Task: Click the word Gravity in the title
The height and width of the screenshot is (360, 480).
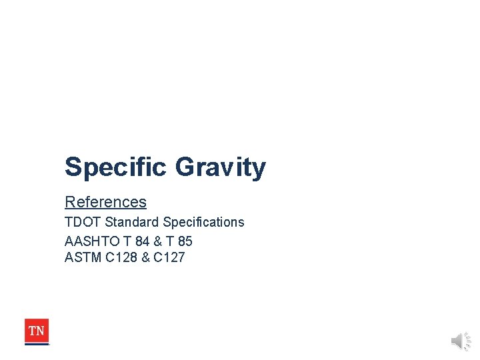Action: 220,167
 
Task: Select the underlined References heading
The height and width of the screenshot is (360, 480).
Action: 105,202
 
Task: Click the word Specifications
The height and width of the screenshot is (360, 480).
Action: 203,222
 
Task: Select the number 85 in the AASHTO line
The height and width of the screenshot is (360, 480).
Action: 184,240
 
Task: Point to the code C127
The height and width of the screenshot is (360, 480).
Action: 169,257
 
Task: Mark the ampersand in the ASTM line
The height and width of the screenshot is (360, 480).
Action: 145,257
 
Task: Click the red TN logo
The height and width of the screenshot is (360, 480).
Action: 37,330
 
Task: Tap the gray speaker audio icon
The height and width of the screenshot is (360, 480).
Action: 460,341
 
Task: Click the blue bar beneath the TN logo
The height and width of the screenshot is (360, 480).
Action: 37,344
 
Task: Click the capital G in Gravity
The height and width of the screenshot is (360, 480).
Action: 185,167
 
